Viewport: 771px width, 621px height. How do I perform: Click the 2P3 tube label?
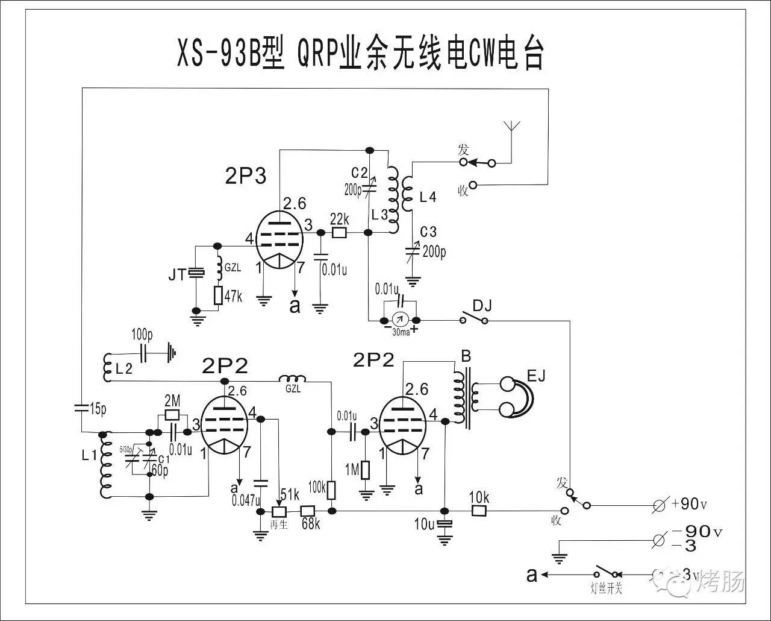pos(245,176)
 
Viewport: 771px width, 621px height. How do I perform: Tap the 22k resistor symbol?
pos(340,232)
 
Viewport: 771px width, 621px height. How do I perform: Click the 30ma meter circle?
pos(398,320)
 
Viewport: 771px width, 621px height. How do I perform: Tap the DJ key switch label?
pos(482,306)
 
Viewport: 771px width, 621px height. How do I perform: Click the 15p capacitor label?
pos(95,410)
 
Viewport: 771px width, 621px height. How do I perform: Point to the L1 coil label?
pos(89,456)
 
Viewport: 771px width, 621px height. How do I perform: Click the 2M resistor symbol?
pos(172,415)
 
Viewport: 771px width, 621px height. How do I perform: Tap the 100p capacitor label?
pos(143,333)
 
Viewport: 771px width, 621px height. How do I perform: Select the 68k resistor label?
pos(311,524)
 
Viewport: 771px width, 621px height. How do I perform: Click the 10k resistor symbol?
pos(479,511)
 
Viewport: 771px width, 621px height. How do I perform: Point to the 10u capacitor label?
pos(423,525)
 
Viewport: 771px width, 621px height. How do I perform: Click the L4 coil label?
pos(428,197)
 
